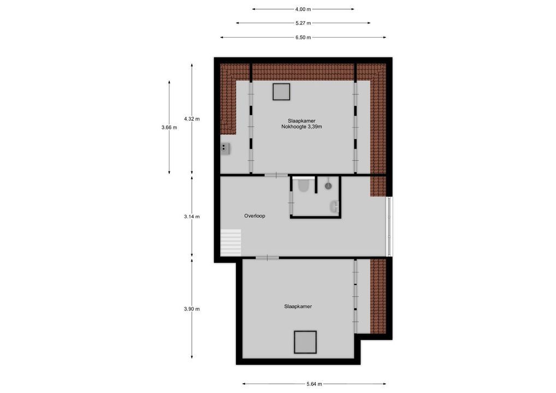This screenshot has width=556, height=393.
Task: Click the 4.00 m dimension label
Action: (x=303, y=9)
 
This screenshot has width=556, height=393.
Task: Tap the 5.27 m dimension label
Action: (x=303, y=23)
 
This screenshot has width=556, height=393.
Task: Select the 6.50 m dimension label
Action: (x=303, y=37)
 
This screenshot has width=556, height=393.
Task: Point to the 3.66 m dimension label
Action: (x=170, y=127)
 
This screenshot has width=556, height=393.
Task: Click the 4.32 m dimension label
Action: (x=192, y=118)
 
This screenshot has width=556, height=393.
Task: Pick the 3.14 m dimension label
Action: (x=192, y=216)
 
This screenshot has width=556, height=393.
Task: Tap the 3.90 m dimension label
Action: (x=192, y=309)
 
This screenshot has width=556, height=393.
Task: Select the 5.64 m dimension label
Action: (x=314, y=384)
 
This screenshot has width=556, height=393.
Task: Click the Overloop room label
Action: (x=255, y=216)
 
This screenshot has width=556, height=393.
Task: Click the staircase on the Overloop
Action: (x=230, y=242)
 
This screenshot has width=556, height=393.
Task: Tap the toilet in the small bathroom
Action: (x=303, y=186)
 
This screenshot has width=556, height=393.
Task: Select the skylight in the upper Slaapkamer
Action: (x=281, y=92)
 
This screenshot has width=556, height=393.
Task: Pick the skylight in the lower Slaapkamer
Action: (x=305, y=342)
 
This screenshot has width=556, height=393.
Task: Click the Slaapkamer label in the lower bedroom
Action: (x=298, y=307)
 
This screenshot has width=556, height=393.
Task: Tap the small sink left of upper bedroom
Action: (x=225, y=147)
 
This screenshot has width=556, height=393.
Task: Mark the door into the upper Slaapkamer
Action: (x=276, y=175)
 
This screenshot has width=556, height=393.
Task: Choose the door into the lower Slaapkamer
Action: (x=267, y=257)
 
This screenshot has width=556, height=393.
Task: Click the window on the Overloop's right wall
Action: (x=389, y=226)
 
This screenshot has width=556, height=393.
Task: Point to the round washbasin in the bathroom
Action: (x=328, y=186)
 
